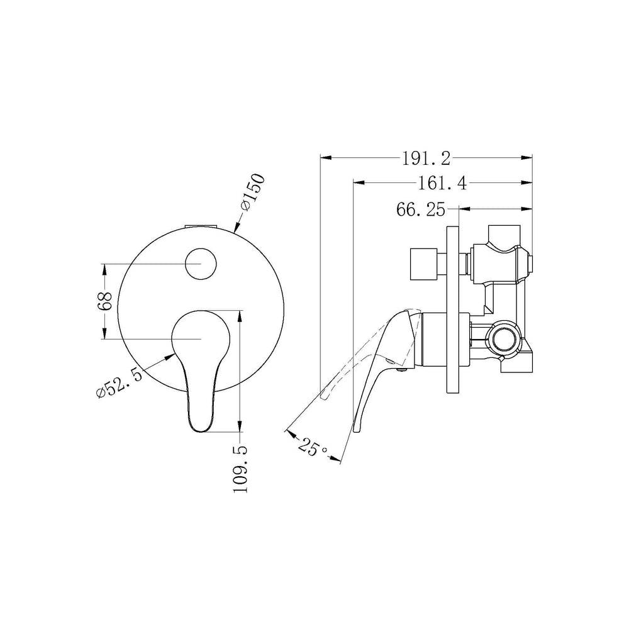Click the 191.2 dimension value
(426, 159)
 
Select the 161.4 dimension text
(442, 183)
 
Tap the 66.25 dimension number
(421, 209)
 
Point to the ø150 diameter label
(253, 191)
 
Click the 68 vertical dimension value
(104, 301)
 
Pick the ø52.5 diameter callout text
(119, 384)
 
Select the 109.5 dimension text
(240, 469)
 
